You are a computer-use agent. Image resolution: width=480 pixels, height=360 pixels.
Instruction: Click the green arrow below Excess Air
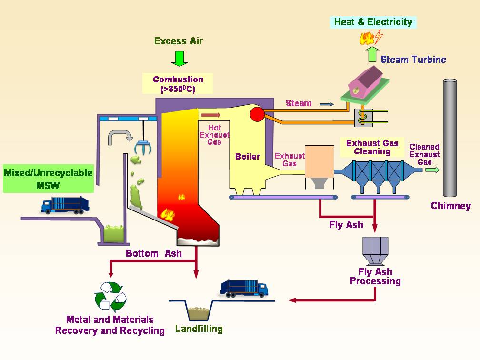(180, 57)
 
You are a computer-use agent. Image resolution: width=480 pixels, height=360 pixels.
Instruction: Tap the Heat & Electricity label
(373, 22)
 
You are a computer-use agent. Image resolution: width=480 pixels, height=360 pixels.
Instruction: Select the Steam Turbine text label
(413, 60)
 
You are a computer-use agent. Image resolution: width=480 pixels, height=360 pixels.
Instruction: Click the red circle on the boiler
(257, 114)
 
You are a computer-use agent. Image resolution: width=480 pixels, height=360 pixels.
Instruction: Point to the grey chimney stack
(450, 138)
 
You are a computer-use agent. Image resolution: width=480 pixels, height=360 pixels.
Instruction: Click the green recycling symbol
(110, 296)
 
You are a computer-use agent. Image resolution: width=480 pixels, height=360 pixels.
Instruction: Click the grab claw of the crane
(143, 148)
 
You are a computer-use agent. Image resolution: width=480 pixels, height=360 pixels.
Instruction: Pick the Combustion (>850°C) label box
(178, 84)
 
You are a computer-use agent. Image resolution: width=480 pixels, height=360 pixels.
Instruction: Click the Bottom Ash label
(153, 253)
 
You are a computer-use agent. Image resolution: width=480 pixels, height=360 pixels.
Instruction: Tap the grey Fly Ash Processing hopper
(375, 250)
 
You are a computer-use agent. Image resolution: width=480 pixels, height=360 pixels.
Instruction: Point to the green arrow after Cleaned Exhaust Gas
(433, 170)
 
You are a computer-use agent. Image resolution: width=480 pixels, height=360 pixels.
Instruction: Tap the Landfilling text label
(199, 329)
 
